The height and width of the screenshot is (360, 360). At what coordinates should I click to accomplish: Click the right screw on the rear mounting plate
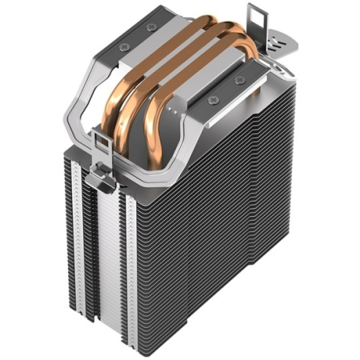tap(152, 28)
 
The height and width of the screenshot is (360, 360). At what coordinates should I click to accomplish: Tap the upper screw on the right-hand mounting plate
tap(239, 80)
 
